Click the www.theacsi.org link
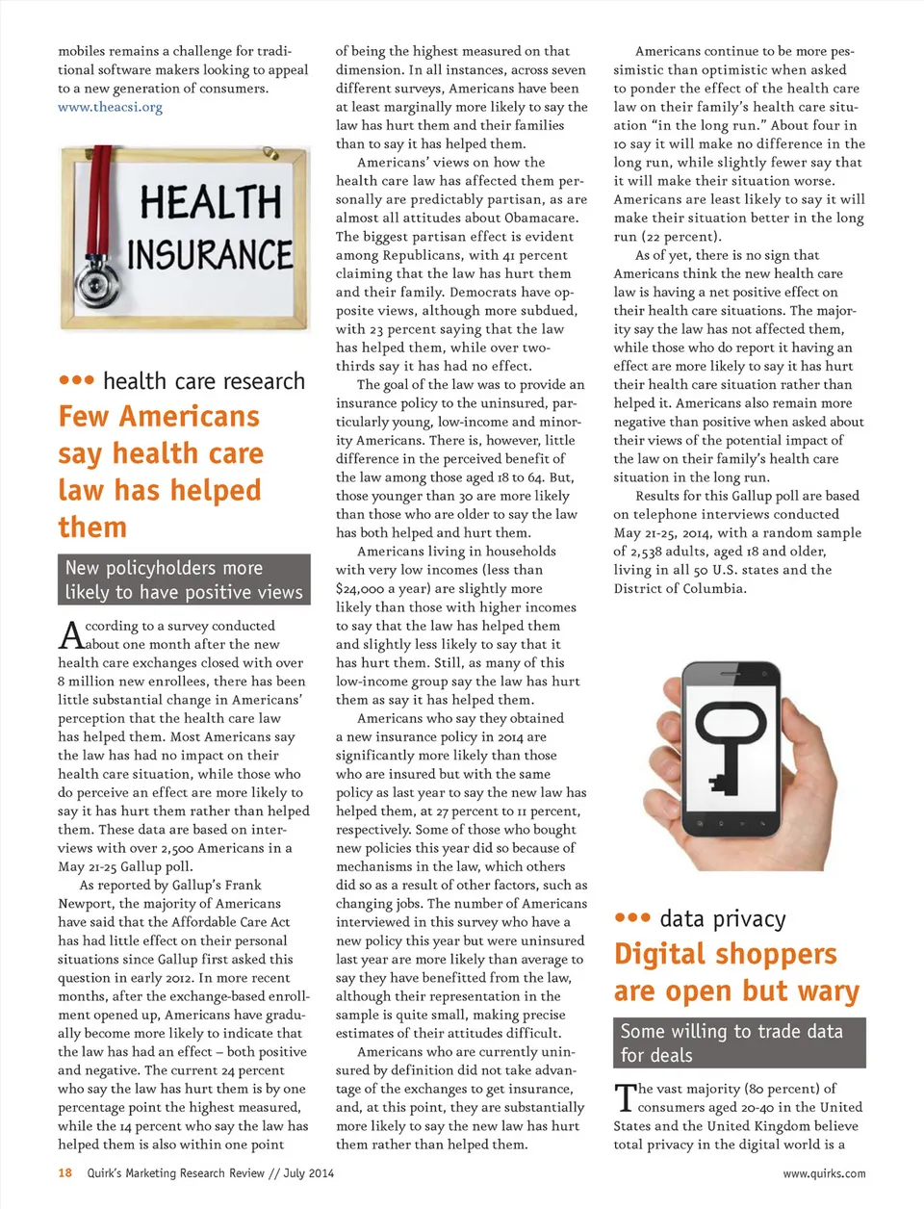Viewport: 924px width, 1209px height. (x=110, y=107)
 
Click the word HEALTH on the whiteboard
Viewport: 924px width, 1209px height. (x=211, y=203)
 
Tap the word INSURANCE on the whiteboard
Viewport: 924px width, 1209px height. (x=210, y=254)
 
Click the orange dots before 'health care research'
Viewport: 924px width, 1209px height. (x=76, y=380)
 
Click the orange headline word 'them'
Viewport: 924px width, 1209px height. (x=92, y=527)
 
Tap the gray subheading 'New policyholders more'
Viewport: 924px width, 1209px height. (x=164, y=568)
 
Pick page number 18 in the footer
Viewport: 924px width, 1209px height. (x=64, y=1173)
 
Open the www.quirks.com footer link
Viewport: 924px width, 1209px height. (x=824, y=1173)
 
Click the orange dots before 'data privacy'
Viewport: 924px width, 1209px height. (x=632, y=918)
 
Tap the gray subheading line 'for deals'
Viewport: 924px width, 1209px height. (x=656, y=1055)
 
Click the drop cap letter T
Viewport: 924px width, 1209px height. (x=625, y=1096)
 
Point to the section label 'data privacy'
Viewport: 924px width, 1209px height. (x=723, y=919)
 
